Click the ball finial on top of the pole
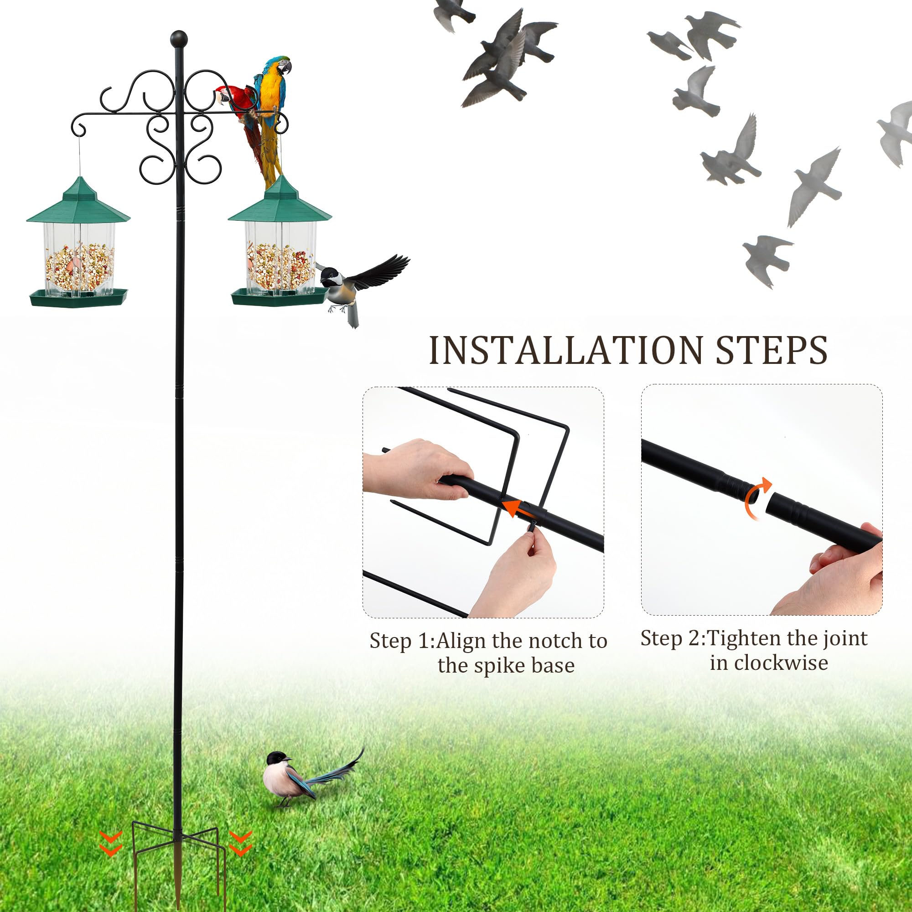(x=179, y=39)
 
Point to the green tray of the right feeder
(x=279, y=298)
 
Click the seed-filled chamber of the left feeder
(x=79, y=267)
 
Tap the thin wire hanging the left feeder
(x=79, y=156)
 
